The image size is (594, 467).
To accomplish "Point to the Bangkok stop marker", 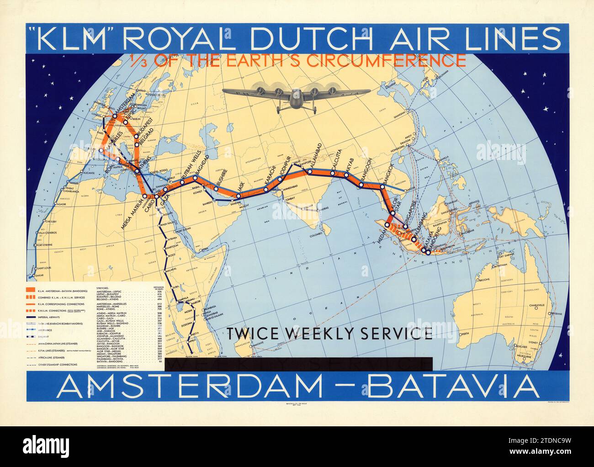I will tap(382, 186).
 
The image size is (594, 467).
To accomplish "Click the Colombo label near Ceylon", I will tap(315, 236).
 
